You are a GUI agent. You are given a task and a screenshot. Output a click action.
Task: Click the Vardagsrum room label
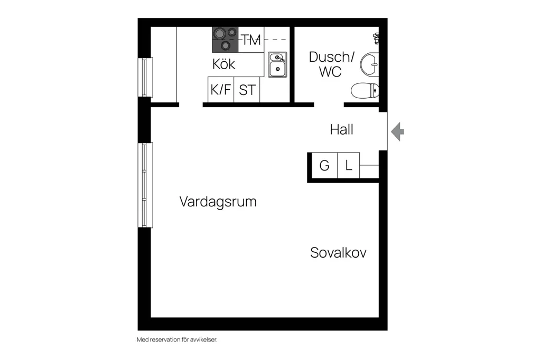tap(218, 202)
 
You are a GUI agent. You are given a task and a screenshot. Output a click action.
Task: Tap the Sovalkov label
tap(338, 253)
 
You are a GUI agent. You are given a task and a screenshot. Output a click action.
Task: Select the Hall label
tap(342, 130)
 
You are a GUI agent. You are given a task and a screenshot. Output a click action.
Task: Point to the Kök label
tap(223, 64)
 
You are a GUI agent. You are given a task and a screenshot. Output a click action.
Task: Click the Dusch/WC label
tap(331, 64)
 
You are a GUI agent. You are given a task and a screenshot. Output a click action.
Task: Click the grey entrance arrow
tap(397, 131)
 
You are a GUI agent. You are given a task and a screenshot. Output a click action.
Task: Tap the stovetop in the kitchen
tap(225, 40)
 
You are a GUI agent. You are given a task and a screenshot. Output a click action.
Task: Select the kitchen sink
tap(277, 64)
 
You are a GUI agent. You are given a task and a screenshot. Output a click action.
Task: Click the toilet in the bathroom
tap(365, 91)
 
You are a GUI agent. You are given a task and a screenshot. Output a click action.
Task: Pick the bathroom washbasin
tap(369, 64)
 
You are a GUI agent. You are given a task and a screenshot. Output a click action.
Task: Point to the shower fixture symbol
tap(376, 38)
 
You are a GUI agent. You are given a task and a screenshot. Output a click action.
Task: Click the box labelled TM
tap(251, 40)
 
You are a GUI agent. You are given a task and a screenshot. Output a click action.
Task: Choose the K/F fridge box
tap(221, 90)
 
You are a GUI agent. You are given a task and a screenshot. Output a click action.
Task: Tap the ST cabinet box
tap(247, 90)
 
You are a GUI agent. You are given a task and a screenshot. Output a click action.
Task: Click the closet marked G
tap(324, 166)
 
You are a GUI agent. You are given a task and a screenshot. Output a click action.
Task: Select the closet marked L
tap(349, 166)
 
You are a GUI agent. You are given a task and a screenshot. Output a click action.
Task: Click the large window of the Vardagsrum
tap(145, 185)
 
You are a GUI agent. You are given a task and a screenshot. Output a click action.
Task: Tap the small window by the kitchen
tap(145, 77)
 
